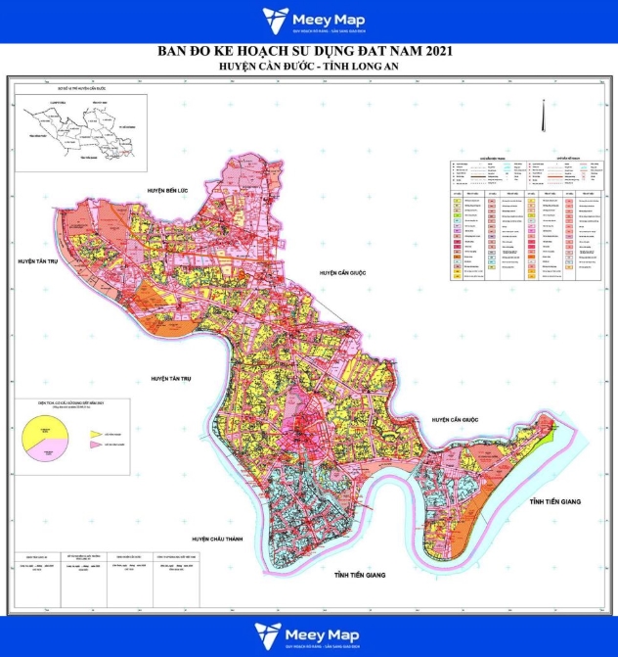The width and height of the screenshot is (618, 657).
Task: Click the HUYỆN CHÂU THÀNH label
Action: (216, 539)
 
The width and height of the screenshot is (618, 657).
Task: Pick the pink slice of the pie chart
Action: (48, 449)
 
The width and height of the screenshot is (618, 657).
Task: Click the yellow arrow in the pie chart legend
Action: (97, 432)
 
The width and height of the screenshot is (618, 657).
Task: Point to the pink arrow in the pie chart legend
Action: (97, 446)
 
